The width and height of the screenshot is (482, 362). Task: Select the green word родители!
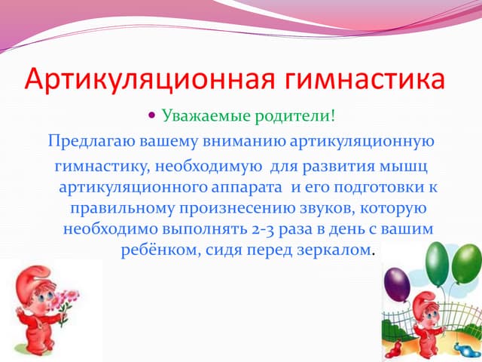(x=289, y=117)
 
